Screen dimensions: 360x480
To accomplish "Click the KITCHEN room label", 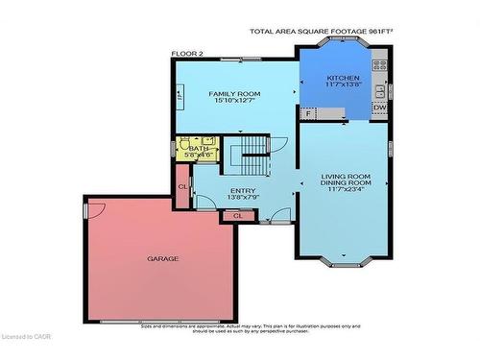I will (x=343, y=78).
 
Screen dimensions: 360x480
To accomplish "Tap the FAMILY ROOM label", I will (x=235, y=93).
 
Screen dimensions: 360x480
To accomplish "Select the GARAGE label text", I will (x=162, y=258).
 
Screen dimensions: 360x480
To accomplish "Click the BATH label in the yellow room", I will (x=199, y=149).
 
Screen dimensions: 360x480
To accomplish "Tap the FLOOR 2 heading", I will (x=187, y=54).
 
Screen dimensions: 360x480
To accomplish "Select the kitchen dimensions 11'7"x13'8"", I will (x=343, y=85).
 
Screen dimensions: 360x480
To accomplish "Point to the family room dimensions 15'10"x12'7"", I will (x=235, y=101).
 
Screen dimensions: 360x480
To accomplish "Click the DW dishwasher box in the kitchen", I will (x=379, y=108).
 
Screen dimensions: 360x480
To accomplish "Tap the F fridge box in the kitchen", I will (x=308, y=114).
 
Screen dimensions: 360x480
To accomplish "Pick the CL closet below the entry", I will (x=237, y=216).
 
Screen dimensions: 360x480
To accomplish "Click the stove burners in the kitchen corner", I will (x=380, y=67).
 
